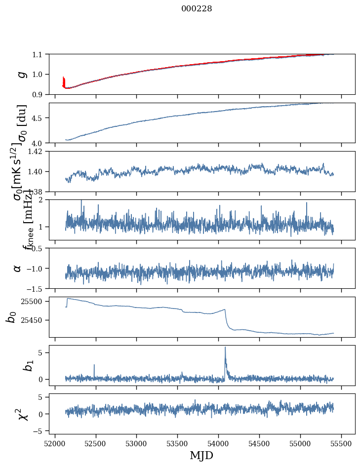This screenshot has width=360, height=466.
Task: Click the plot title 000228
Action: [197, 9]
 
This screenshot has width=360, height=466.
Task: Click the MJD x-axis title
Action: [201, 455]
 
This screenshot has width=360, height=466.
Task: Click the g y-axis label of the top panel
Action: [21, 74]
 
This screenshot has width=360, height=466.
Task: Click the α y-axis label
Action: [18, 268]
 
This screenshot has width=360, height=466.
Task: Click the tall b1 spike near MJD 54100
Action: [225, 348]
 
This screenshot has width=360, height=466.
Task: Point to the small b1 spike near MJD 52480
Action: [94, 365]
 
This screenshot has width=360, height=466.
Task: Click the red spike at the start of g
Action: [64, 79]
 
